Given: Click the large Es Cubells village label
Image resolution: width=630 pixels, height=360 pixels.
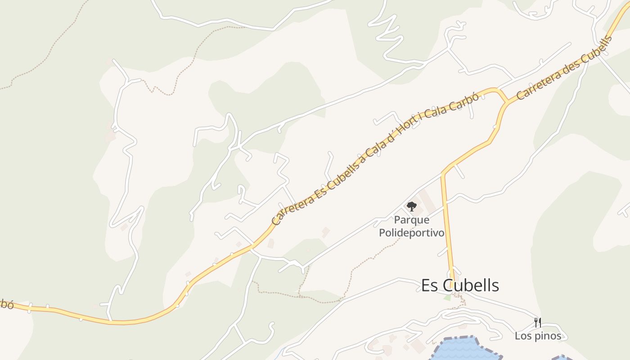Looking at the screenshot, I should coord(460,285).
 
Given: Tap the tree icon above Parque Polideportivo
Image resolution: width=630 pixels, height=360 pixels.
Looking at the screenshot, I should coord(411,207).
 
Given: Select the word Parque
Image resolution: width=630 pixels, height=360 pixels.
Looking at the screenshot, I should coord(411,220).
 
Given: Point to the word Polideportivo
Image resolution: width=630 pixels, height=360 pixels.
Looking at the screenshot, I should coord(411,233).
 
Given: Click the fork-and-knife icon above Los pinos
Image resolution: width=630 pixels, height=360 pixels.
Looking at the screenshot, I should coord(537,322).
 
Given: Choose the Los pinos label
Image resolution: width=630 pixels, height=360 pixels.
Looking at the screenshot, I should coord(538,336).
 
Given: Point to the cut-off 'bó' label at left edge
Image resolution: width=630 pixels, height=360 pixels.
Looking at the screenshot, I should coord(6,304).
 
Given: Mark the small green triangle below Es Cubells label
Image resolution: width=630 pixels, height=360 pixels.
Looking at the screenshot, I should coord(447,297).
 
